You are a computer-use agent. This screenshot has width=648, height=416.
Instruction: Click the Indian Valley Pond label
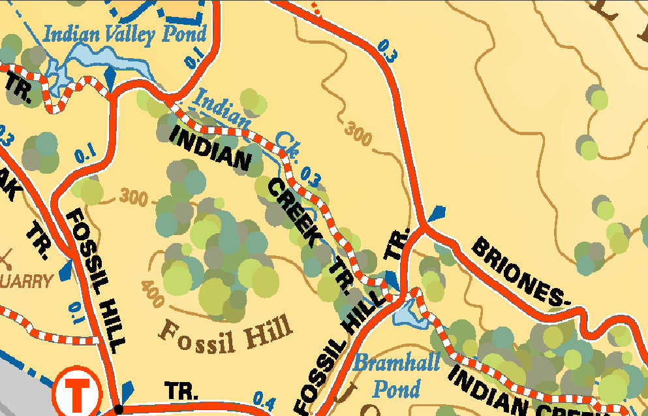[125, 33]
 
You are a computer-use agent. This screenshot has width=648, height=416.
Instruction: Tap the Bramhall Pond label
[386, 375]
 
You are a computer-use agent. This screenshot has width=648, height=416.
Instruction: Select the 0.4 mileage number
[265, 399]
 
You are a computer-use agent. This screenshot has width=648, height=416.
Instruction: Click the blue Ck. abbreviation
[287, 145]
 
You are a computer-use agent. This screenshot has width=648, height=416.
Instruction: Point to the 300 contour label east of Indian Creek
[358, 133]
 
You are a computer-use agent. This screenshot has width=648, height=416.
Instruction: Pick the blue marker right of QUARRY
[66, 271]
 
